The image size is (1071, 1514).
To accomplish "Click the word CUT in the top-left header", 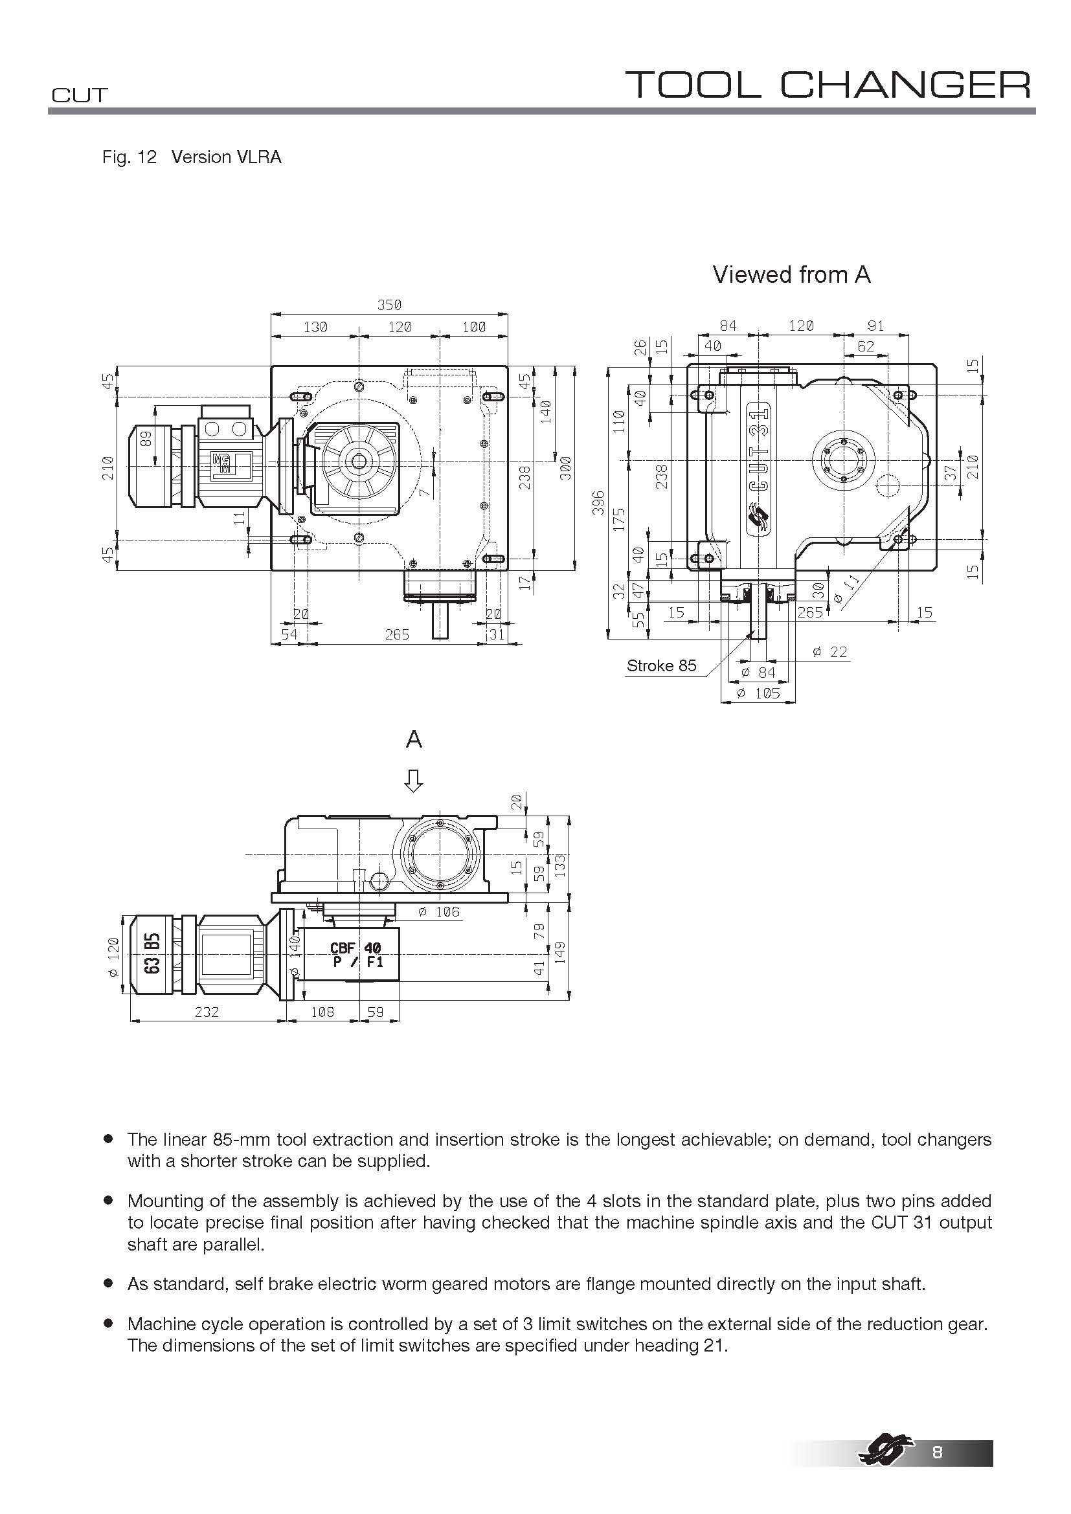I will tap(79, 96).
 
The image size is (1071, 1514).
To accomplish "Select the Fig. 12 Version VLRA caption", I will tap(191, 157).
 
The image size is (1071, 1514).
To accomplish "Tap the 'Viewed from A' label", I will tap(791, 274).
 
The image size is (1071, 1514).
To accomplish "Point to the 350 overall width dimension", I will tap(389, 305).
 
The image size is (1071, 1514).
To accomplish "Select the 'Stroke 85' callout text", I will tap(661, 665).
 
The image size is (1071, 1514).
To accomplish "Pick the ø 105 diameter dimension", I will tap(758, 693).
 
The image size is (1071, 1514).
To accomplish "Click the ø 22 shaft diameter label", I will tap(829, 652).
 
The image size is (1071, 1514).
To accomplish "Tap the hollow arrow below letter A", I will tap(414, 781).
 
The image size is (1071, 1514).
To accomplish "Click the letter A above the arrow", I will tap(414, 740).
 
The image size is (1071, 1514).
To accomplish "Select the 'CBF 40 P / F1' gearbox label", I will tap(356, 955).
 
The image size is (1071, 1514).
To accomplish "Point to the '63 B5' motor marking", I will tap(152, 953).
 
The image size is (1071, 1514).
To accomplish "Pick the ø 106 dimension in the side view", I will tap(438, 912).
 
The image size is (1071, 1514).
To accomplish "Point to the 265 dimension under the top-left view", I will tap(397, 634).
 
